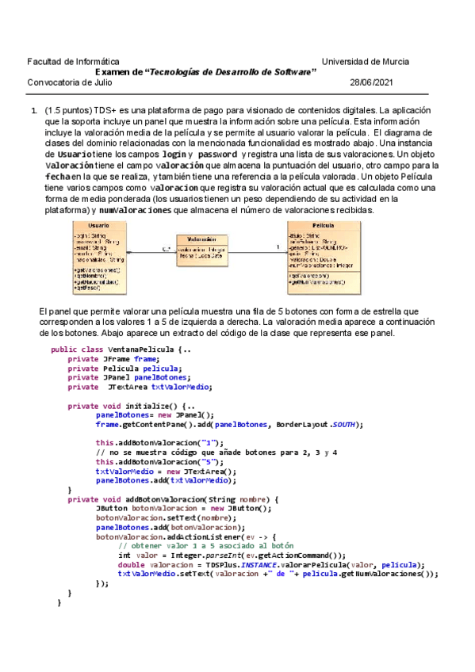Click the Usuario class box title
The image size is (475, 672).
click(99, 226)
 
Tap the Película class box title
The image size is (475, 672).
click(323, 226)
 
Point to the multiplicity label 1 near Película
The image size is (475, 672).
click(278, 248)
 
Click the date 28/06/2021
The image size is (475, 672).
click(370, 82)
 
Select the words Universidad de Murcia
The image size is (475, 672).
click(366, 61)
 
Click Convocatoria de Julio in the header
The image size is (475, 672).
click(70, 82)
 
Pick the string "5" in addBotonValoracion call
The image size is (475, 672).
click(209, 461)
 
